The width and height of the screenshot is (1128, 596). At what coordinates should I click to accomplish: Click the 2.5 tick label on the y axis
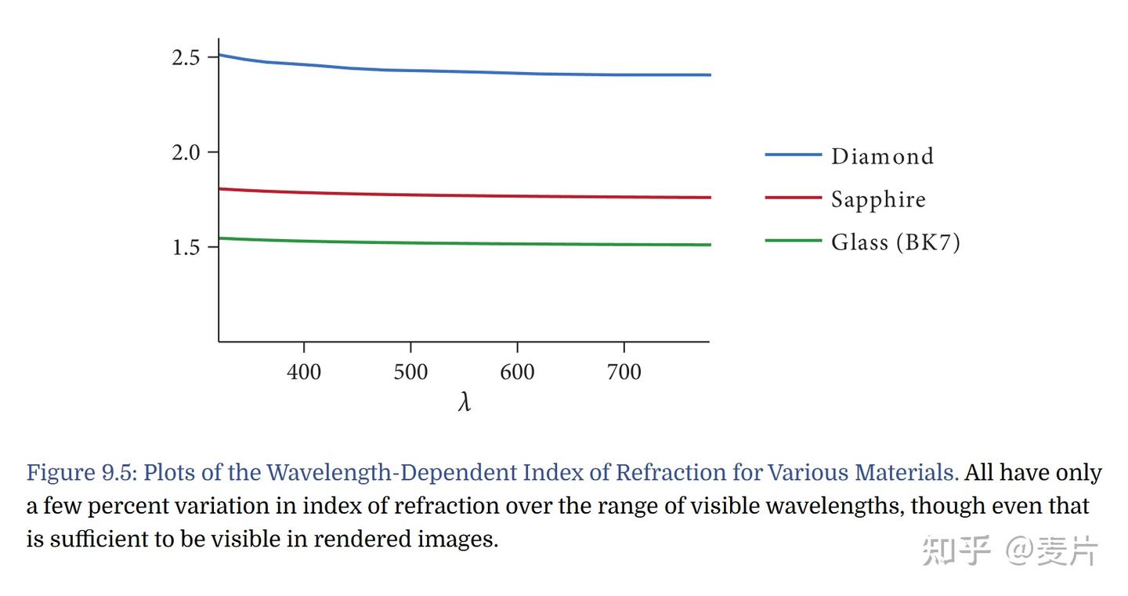[186, 57]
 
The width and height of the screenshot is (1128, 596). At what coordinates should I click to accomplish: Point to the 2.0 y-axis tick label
[186, 152]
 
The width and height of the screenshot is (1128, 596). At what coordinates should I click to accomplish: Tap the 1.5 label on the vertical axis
[186, 247]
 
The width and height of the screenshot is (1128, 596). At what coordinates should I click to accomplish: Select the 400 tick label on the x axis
[304, 372]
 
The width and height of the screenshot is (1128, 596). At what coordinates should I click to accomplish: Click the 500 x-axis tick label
[410, 372]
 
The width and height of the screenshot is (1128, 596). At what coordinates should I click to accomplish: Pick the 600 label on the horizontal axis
[517, 372]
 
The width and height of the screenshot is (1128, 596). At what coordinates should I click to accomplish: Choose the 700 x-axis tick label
[624, 372]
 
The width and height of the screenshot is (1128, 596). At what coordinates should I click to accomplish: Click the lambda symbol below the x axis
[465, 402]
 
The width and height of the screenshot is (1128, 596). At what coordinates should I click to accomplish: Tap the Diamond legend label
[882, 156]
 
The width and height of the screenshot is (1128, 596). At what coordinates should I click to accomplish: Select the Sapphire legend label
[878, 200]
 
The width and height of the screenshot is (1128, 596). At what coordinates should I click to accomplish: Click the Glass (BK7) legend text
[896, 242]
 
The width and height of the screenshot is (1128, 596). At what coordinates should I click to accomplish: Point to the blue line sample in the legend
[793, 154]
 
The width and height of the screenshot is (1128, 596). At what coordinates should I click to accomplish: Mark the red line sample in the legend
[793, 198]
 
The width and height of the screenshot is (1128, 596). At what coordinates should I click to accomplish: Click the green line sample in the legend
[793, 241]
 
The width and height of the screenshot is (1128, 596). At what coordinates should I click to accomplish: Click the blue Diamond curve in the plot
[465, 72]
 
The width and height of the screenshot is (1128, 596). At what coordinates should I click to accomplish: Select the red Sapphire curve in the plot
[465, 195]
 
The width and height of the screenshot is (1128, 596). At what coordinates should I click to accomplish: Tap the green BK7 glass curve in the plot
[465, 244]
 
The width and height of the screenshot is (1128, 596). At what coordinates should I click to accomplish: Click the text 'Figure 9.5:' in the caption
[81, 473]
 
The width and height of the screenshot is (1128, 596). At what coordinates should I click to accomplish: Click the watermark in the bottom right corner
[1010, 550]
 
